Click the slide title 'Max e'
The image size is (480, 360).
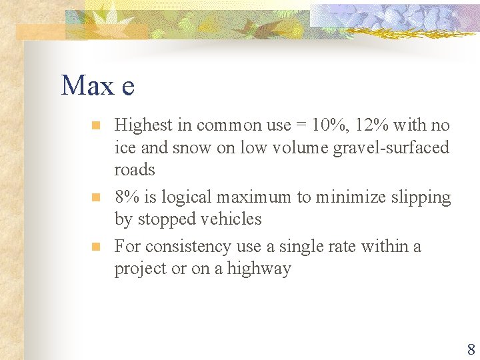pos(97,85)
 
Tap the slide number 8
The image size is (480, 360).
pos(471,349)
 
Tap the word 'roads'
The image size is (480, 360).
pos(135,169)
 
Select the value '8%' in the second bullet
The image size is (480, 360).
pos(127,197)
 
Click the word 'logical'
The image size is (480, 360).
pos(181,197)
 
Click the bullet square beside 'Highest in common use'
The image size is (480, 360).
pos(95,125)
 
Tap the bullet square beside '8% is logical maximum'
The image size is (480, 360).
pos(95,197)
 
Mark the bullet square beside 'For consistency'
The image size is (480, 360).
pos(95,247)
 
